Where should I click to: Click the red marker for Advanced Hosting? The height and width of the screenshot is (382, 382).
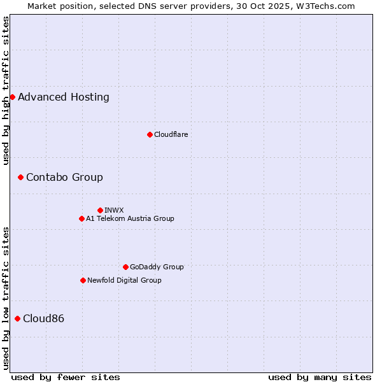click(12, 97)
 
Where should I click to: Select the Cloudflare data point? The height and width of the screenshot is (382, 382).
click(150, 134)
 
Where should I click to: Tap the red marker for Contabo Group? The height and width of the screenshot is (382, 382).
click(20, 177)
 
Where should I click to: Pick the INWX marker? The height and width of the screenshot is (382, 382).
click(100, 210)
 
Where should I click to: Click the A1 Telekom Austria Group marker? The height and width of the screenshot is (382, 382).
click(81, 218)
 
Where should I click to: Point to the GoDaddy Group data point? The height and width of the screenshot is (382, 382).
click(125, 267)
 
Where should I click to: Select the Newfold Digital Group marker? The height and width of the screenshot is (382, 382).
click(83, 280)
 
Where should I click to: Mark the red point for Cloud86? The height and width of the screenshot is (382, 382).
click(17, 318)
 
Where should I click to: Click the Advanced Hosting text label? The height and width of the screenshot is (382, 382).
click(64, 97)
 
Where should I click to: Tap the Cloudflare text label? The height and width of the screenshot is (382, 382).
click(171, 134)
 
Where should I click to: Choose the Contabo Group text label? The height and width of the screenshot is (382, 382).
click(64, 178)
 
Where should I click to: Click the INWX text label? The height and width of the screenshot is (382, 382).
click(114, 210)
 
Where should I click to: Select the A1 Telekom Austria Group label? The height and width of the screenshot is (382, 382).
click(130, 218)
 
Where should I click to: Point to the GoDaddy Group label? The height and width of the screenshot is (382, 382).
click(157, 267)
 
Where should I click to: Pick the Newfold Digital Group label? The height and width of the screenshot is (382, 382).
click(124, 280)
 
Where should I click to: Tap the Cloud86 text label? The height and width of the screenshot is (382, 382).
click(43, 319)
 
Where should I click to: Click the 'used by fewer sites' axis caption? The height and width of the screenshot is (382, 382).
click(66, 377)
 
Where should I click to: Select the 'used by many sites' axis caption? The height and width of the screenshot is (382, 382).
click(320, 377)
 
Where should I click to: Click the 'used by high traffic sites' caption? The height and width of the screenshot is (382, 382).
click(6, 90)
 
